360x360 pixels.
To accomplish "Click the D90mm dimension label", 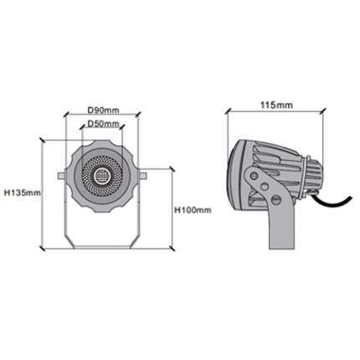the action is point(104,111).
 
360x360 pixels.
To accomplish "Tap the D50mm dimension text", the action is point(104,123).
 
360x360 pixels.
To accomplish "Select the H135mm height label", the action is point(23,193).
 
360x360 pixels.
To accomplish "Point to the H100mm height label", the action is point(193,210).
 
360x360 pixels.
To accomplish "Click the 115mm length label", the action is point(276,105).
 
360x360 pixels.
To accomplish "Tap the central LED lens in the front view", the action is point(102,175).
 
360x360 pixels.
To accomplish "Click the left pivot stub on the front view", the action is point(61,176).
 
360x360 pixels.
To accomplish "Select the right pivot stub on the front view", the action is point(142,176).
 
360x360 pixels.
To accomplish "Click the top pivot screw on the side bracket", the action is point(254,176).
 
